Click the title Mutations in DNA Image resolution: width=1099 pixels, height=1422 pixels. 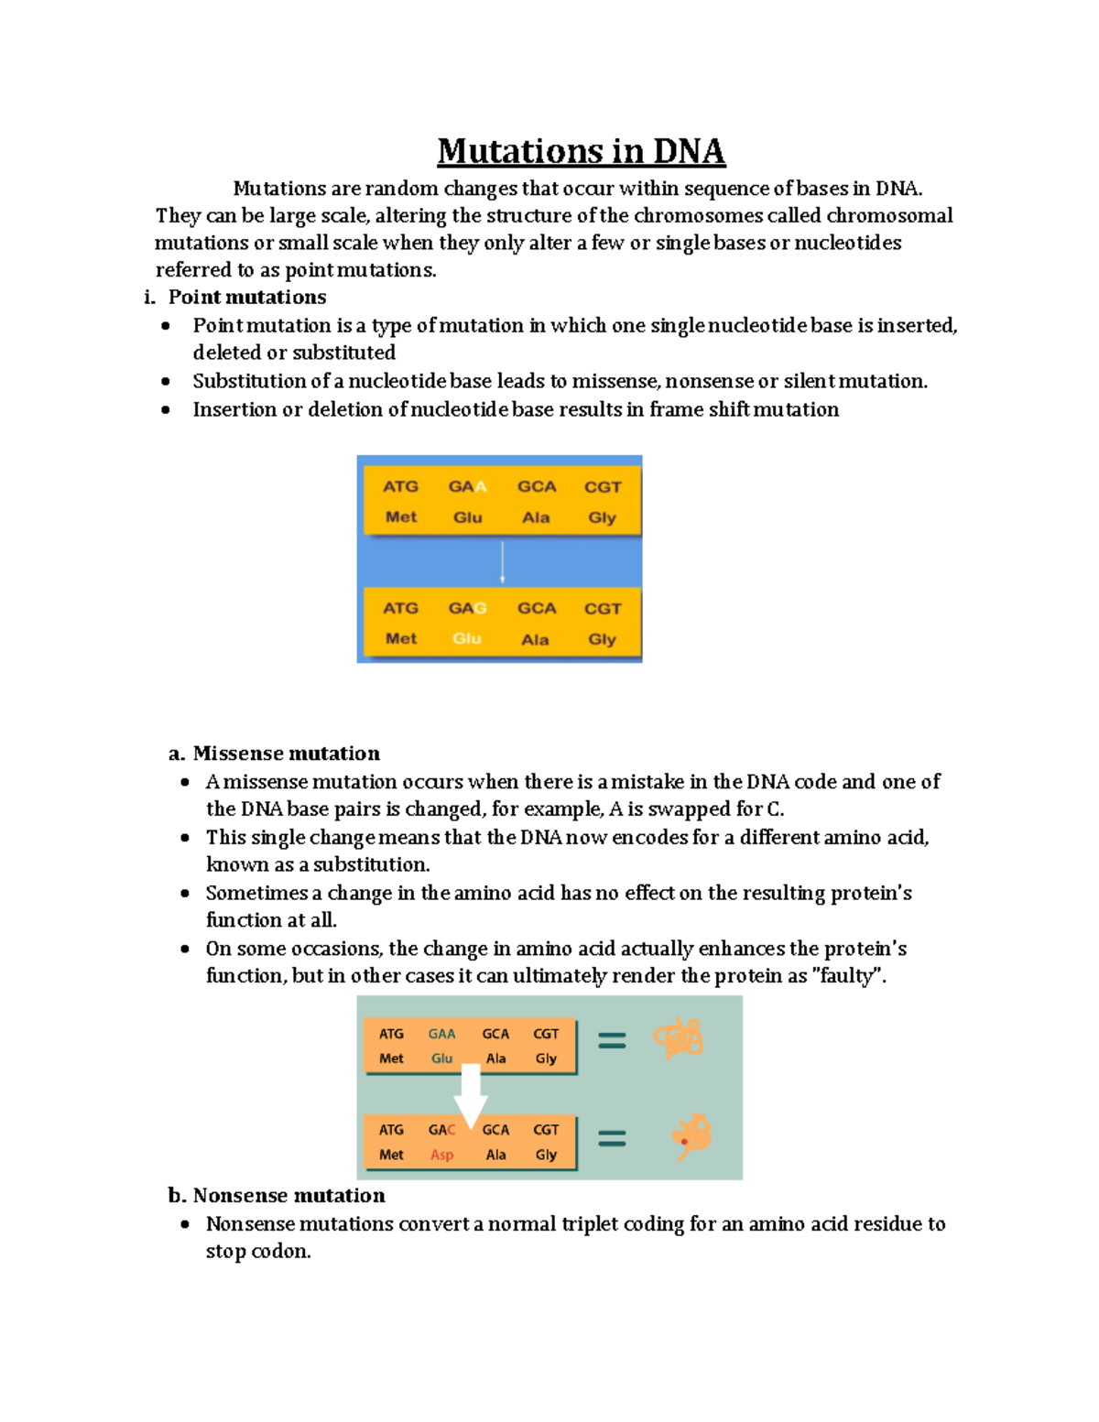(x=581, y=151)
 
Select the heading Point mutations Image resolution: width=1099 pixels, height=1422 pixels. (x=246, y=297)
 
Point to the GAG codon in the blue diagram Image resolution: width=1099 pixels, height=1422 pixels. (x=466, y=608)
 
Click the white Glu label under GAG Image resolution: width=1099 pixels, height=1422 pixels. (x=466, y=638)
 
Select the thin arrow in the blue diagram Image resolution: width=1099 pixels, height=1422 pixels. (x=502, y=562)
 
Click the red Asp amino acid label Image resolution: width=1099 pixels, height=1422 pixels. (x=441, y=1155)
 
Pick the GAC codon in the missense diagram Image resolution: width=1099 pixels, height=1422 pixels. (x=441, y=1130)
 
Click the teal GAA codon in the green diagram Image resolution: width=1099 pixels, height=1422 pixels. (x=441, y=1034)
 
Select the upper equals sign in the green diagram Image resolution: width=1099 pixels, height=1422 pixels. (x=612, y=1040)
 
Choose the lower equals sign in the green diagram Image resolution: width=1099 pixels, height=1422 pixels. (x=612, y=1138)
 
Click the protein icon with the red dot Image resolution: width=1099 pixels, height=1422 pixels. (x=691, y=1136)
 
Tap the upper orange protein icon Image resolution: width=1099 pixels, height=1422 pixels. (x=678, y=1038)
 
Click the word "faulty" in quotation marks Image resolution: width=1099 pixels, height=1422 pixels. (x=848, y=976)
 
